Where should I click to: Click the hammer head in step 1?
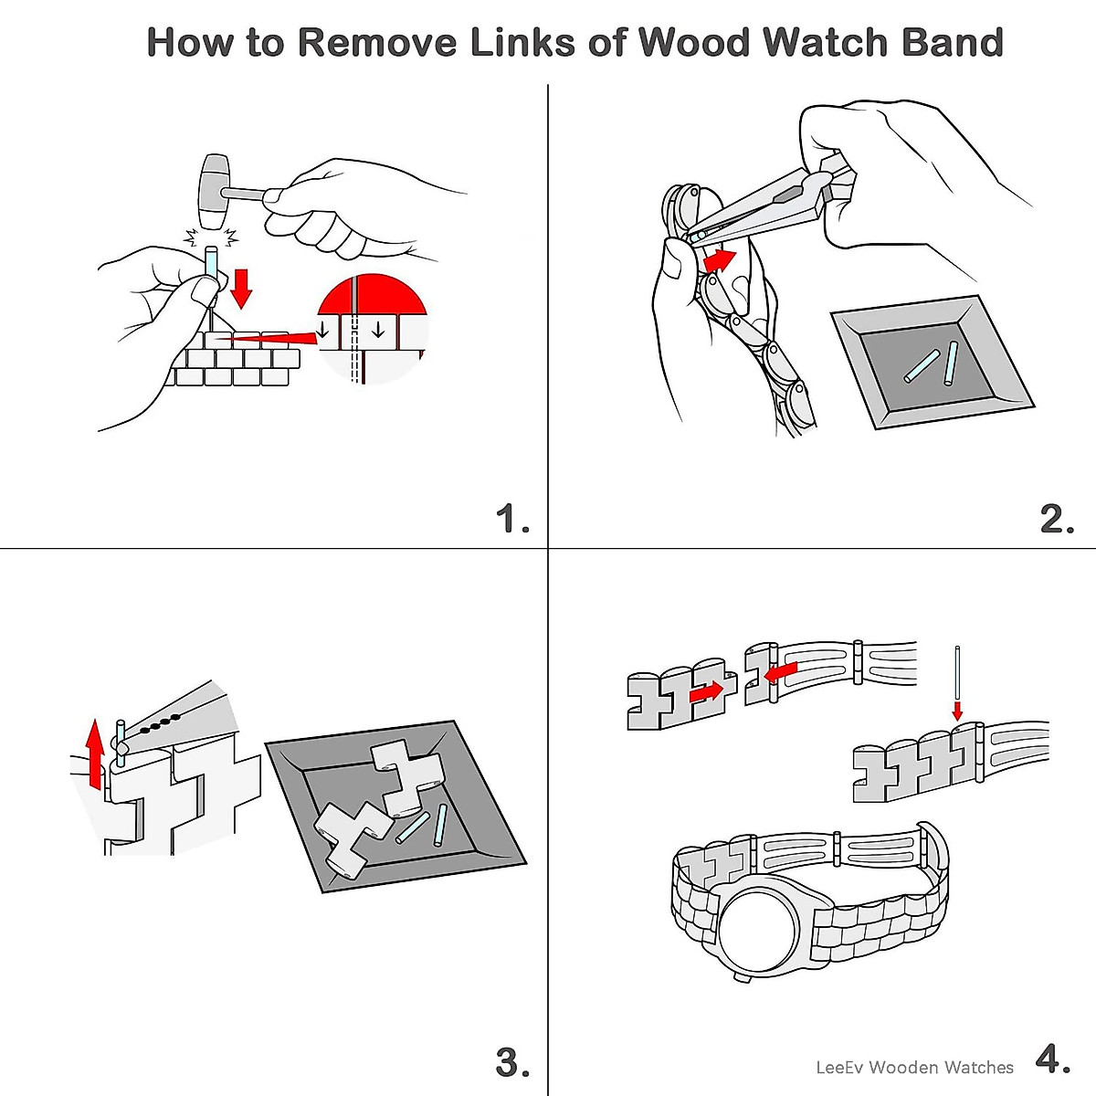pyautogui.click(x=214, y=192)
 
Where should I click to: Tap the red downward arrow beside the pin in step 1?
pyautogui.click(x=242, y=289)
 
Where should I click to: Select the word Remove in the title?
pyautogui.click(x=377, y=42)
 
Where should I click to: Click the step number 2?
pyautogui.click(x=1057, y=519)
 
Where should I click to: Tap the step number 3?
pyautogui.click(x=512, y=1062)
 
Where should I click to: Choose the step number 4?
pyautogui.click(x=1053, y=1059)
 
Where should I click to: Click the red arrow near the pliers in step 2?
pyautogui.click(x=720, y=260)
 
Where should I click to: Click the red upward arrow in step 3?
pyautogui.click(x=97, y=754)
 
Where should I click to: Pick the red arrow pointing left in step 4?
pyautogui.click(x=780, y=672)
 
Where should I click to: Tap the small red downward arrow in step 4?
pyautogui.click(x=958, y=711)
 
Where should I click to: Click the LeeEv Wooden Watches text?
pyautogui.click(x=914, y=1067)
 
